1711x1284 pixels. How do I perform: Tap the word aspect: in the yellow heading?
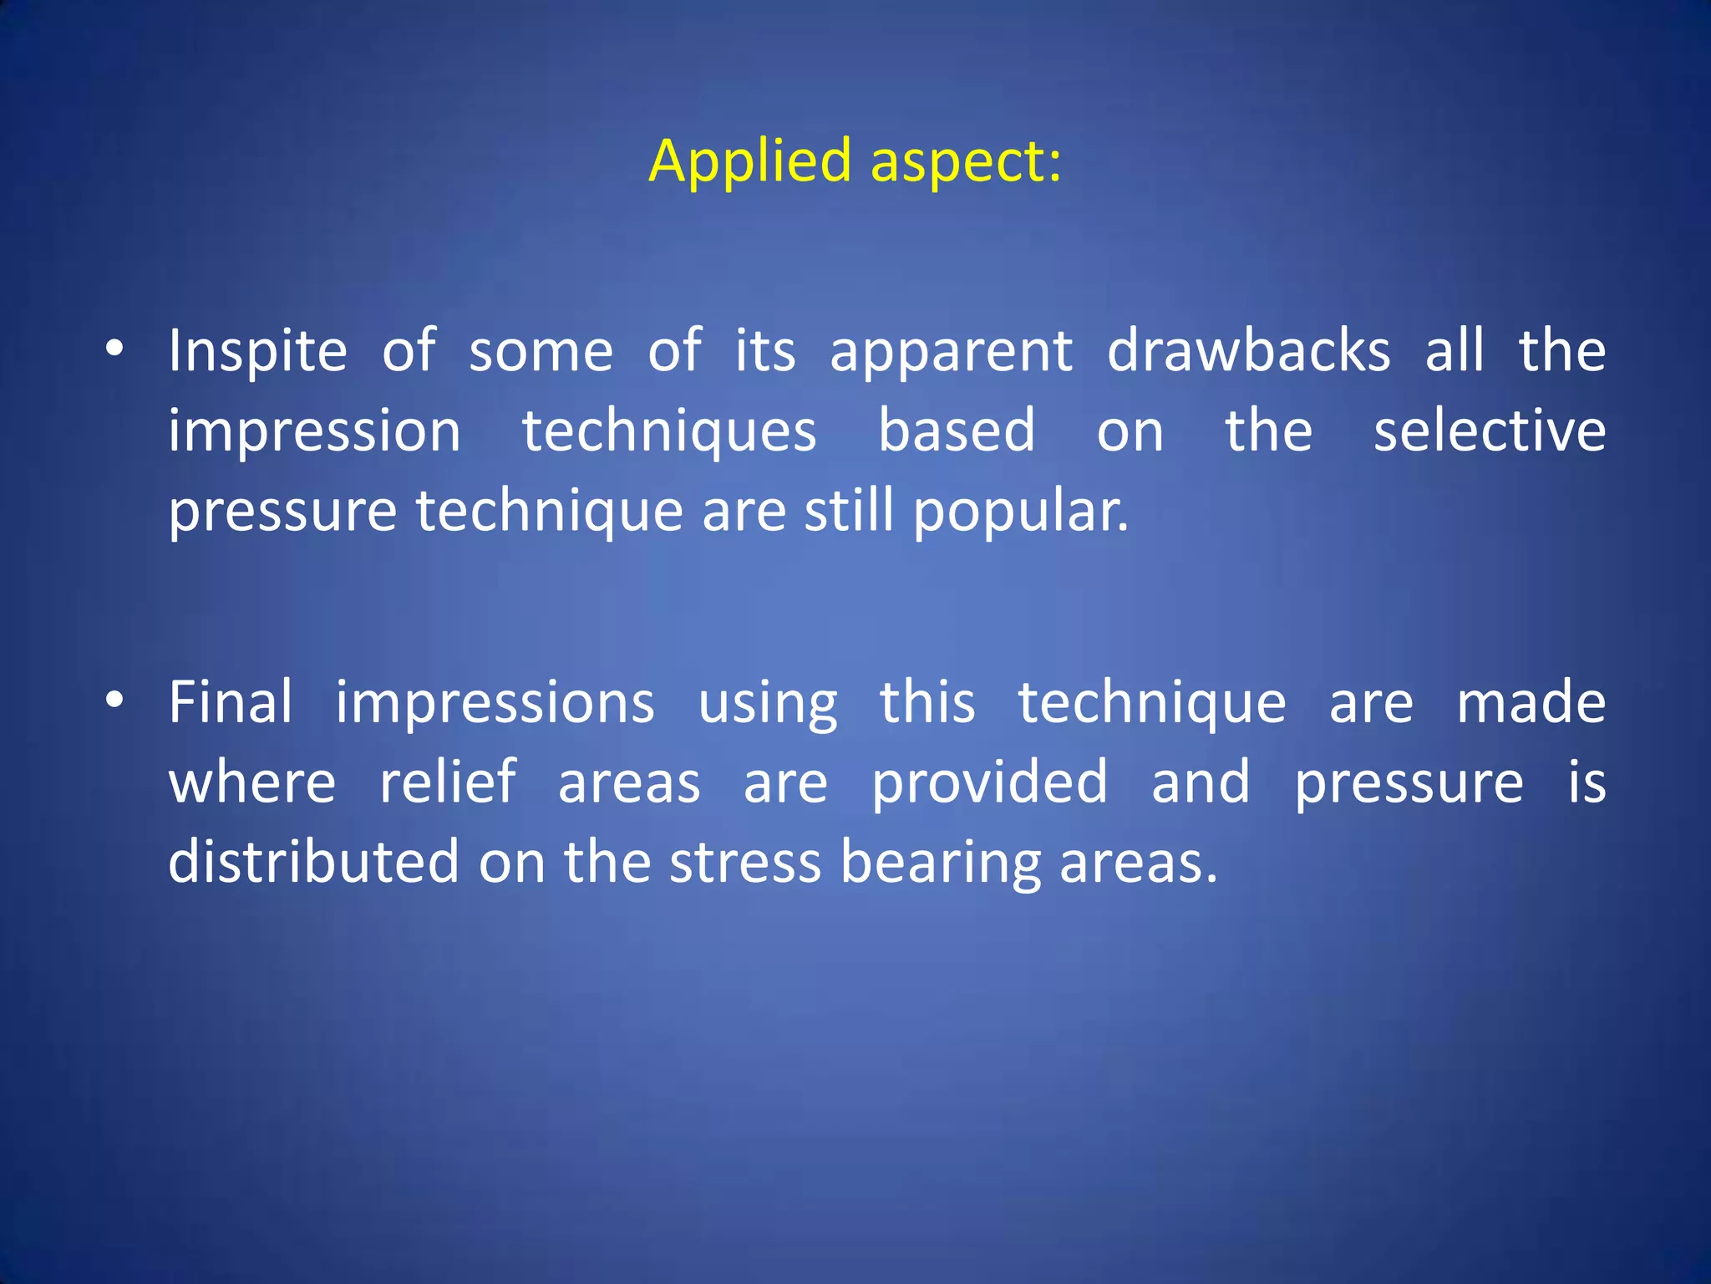[x=966, y=160]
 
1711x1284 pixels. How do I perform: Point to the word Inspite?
[x=257, y=351]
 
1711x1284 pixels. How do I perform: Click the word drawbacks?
[x=1248, y=351]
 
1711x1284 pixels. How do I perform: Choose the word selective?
[x=1490, y=431]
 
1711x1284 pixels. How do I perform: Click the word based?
[x=957, y=431]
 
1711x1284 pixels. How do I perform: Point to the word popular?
[x=1020, y=512]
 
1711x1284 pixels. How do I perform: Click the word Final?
[x=231, y=702]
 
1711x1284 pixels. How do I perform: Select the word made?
[x=1531, y=702]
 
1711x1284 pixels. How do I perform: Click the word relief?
[x=448, y=782]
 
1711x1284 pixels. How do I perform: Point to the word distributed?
[x=314, y=863]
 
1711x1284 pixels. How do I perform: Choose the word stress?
[x=745, y=863]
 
